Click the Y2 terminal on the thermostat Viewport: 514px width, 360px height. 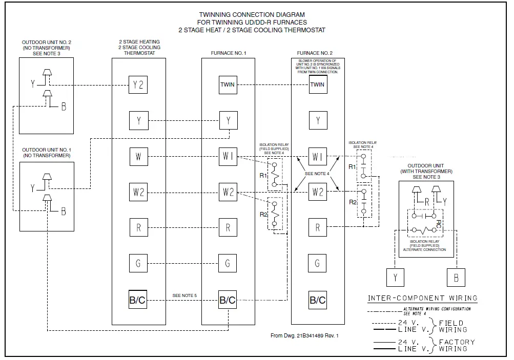click(x=138, y=85)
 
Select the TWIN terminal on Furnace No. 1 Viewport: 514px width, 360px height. click(x=228, y=84)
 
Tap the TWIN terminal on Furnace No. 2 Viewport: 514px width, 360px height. click(x=318, y=84)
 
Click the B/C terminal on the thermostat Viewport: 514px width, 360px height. click(x=138, y=300)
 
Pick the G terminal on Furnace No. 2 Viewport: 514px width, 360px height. click(x=318, y=264)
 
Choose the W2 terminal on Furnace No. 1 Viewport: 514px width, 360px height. click(x=228, y=193)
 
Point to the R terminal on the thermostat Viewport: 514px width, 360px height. click(x=138, y=228)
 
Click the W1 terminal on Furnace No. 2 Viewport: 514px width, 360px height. click(x=318, y=157)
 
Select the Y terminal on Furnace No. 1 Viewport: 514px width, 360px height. click(x=228, y=121)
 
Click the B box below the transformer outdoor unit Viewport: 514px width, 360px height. click(x=456, y=277)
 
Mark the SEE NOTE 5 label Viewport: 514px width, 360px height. click(x=184, y=295)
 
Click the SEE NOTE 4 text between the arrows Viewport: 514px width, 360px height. click(x=317, y=174)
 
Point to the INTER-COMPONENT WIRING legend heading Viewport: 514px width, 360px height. click(x=422, y=298)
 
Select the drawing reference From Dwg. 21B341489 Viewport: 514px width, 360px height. click(x=304, y=336)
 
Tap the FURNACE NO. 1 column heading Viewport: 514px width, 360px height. click(x=228, y=53)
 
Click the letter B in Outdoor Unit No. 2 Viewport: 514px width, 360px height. click(x=64, y=107)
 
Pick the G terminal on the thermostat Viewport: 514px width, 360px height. click(x=138, y=264)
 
